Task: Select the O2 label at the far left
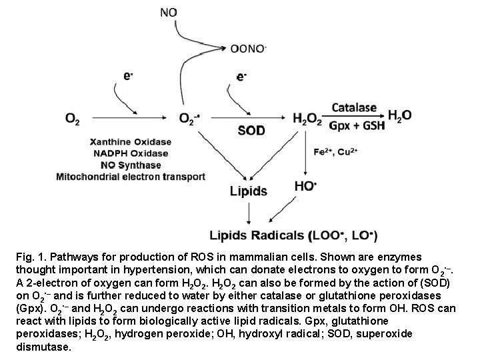tap(71, 119)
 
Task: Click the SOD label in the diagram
tap(251, 131)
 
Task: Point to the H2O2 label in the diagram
tap(307, 119)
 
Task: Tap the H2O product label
tap(399, 115)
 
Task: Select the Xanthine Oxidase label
tap(131, 142)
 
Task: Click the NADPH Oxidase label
tap(131, 153)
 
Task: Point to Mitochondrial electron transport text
tap(132, 177)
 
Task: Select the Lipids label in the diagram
tap(249, 191)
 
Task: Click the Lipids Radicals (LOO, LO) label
tap(293, 235)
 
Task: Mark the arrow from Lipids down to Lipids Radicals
tap(249, 212)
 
